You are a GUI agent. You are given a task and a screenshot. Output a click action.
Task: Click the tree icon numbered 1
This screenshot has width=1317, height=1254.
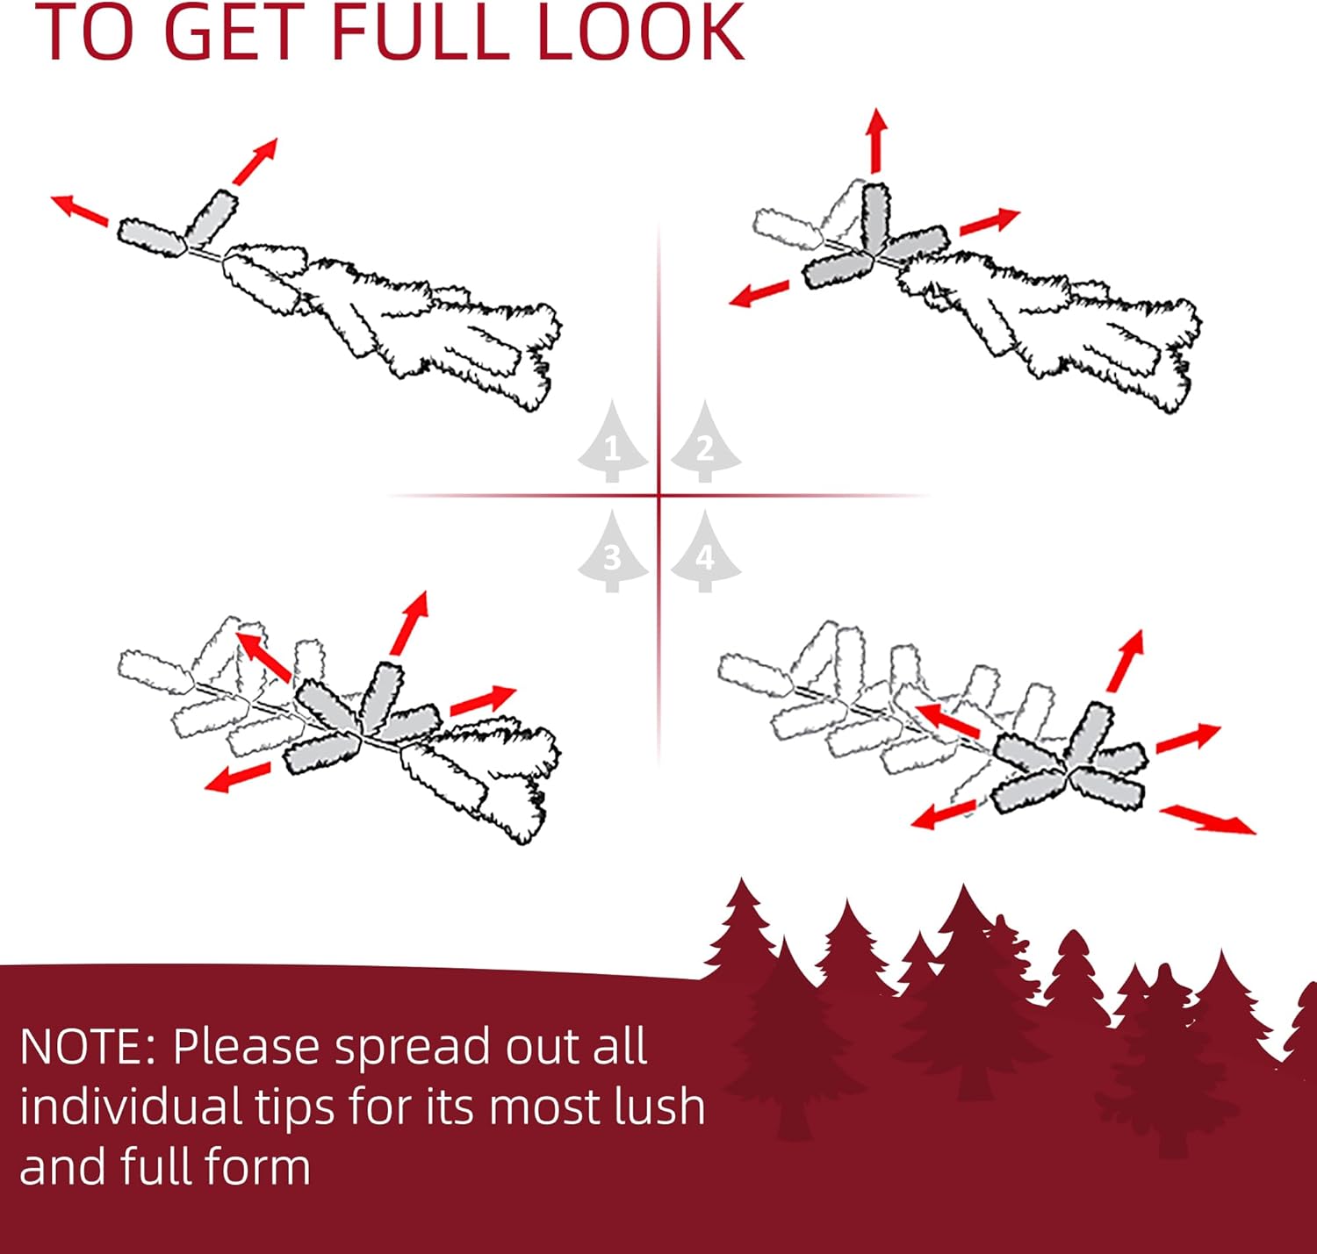pos(612,442)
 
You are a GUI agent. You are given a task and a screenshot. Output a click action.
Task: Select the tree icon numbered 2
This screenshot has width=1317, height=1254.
pos(705,442)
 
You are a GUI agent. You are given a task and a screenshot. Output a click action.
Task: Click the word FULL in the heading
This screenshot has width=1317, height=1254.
pos(420,32)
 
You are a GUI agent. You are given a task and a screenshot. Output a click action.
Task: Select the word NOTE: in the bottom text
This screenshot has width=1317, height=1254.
pos(87,1046)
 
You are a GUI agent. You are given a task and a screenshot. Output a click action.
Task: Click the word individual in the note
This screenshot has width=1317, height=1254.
pos(131,1106)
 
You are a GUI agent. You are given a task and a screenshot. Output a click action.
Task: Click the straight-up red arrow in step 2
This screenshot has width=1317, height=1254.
pos(875,140)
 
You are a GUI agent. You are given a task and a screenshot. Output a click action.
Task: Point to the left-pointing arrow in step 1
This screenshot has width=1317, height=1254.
pos(80,211)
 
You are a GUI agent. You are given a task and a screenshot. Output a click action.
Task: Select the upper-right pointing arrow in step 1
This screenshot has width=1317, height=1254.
pos(255,161)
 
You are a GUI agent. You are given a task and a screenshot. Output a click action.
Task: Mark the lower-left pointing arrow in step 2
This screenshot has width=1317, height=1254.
pos(759,294)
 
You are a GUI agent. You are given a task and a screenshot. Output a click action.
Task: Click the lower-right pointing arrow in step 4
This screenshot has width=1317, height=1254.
pos(1207,820)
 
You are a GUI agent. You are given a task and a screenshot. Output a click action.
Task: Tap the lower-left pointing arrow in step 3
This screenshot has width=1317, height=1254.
pos(237,777)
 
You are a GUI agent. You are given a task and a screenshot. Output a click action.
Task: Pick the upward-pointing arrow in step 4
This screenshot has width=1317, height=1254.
pos(1126,660)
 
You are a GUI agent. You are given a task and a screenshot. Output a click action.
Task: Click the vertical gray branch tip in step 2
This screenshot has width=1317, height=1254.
pos(876,218)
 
